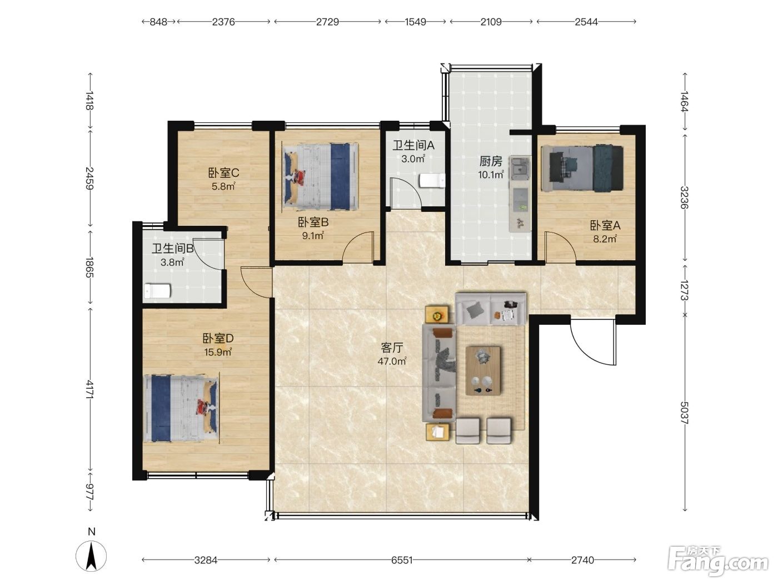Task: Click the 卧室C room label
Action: point(223,173)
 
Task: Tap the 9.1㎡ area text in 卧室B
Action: point(313,236)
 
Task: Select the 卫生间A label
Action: point(413,145)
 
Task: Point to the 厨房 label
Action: point(491,161)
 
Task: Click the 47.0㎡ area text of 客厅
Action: point(392,362)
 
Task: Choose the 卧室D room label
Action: point(218,338)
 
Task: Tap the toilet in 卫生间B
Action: point(158,291)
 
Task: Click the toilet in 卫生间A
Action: point(432,180)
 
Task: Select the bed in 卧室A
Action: point(582,168)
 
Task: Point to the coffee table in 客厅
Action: point(483,370)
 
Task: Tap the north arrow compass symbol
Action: point(92,556)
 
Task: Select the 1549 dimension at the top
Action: point(416,22)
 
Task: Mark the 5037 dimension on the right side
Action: point(684,413)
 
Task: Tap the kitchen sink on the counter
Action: point(520,166)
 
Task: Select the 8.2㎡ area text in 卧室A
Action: point(605,239)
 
